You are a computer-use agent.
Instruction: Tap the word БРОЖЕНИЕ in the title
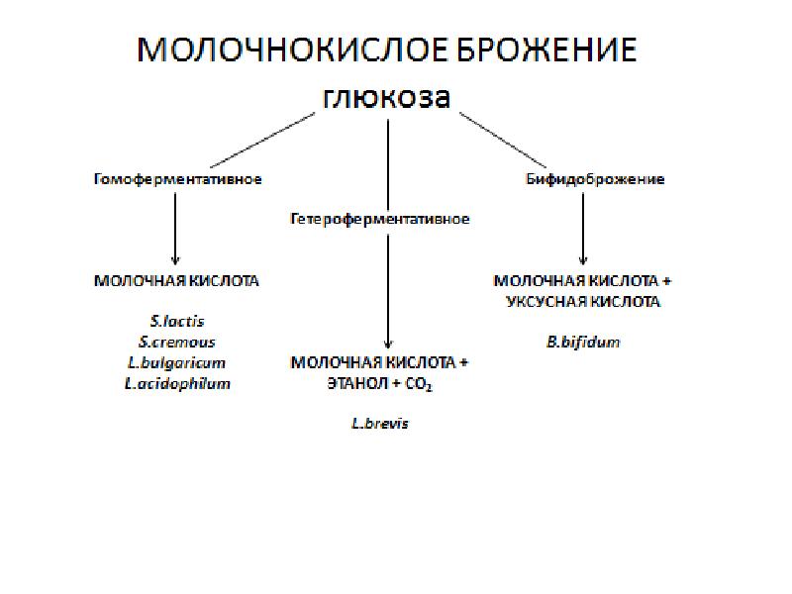pos(542,49)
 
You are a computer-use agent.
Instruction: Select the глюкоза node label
pos(386,98)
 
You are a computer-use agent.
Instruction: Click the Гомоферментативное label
pos(177,179)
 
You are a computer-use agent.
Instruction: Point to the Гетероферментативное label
pos(379,218)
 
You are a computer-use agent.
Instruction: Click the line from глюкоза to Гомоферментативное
pos(262,139)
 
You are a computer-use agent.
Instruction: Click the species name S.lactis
pos(177,321)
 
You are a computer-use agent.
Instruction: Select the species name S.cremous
pos(177,342)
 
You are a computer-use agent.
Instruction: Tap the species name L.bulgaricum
pos(177,362)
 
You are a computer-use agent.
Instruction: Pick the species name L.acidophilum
pos(177,383)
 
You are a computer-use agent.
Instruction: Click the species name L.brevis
pos(380,423)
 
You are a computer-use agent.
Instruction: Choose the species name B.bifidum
pos(583,342)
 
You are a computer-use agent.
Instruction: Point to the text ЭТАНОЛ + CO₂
pos(380,384)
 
